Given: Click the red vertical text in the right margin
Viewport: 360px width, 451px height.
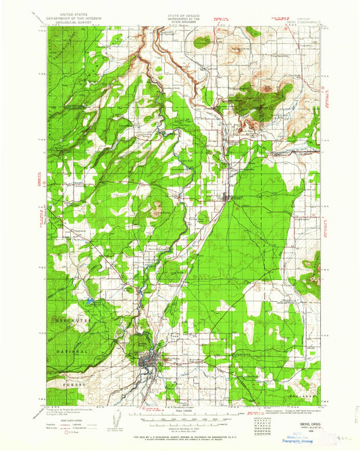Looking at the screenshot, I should (x=330, y=101).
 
